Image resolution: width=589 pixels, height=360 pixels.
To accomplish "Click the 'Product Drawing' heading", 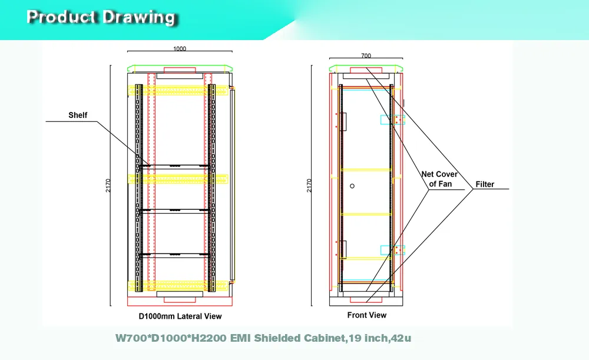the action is pos(101,17).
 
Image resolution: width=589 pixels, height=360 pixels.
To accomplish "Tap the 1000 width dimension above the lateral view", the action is pos(180,48).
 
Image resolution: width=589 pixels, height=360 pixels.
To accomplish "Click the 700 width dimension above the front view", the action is pos(366,55).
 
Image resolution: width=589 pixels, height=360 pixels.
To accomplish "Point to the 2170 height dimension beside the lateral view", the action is pos(108,186).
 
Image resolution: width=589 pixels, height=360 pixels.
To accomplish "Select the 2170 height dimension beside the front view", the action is pos(309,186).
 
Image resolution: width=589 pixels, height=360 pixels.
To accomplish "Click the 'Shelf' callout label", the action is pos(78,115).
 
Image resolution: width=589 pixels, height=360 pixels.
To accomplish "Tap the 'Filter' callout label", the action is pos(485,184).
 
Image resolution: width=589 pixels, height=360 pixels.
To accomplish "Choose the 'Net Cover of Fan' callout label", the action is pos(439,179).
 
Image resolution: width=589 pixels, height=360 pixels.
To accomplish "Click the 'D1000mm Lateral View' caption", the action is pos(180,316).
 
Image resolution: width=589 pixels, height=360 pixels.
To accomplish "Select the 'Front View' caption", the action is pos(366,315).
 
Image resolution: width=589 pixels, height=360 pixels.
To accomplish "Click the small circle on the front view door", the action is pos(352,186).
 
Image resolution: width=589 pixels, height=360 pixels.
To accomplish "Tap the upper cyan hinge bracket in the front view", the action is pos(392,120).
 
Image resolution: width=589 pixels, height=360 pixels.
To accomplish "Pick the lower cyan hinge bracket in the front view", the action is pos(392,250).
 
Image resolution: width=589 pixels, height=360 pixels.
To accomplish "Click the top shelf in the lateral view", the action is pos(175,166).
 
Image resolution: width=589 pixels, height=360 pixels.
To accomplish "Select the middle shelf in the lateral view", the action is pos(175,211).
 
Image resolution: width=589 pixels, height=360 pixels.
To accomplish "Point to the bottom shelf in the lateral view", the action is pos(175,255).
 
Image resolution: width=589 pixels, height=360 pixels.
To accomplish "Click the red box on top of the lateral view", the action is pos(180,70).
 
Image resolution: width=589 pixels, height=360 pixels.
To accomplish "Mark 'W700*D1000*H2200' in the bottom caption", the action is pos(171,338).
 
